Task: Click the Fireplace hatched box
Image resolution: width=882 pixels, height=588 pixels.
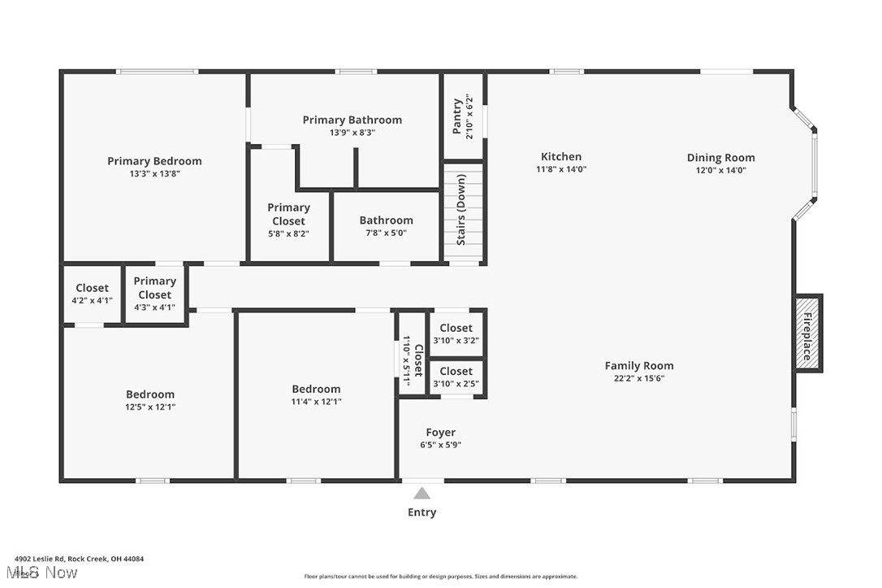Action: [x=808, y=333]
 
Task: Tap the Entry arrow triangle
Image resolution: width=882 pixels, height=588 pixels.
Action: [x=422, y=494]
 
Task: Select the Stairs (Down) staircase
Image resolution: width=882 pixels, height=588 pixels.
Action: [x=464, y=212]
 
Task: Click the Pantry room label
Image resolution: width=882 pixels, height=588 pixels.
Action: [x=456, y=116]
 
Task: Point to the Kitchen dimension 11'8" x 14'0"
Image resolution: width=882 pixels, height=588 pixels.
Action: [x=561, y=169]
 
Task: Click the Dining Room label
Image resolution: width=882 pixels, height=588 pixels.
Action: [x=720, y=158]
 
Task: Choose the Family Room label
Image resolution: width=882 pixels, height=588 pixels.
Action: [x=639, y=365]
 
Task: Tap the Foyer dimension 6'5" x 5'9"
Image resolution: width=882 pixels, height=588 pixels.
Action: [x=440, y=444]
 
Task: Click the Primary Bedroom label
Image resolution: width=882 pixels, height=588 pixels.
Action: [x=154, y=161]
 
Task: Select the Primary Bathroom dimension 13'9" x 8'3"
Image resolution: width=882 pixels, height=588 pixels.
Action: [x=352, y=133]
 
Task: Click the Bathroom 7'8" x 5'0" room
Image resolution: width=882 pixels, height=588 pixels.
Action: [x=386, y=226]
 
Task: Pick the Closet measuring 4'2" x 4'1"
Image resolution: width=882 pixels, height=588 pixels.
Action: [x=92, y=294]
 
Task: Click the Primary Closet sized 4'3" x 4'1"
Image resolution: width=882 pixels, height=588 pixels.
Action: [x=154, y=294]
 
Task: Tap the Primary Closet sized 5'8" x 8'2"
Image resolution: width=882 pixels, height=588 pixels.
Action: [x=288, y=220]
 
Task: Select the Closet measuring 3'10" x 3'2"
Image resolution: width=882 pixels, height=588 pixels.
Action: [x=456, y=333]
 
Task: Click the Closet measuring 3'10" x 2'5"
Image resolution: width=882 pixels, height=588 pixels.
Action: [x=456, y=377]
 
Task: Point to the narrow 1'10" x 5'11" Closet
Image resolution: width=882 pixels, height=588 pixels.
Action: [x=412, y=353]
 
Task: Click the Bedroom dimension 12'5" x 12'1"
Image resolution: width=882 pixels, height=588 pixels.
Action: [x=150, y=407]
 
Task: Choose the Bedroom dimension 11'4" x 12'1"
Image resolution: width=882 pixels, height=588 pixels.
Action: [x=316, y=402]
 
